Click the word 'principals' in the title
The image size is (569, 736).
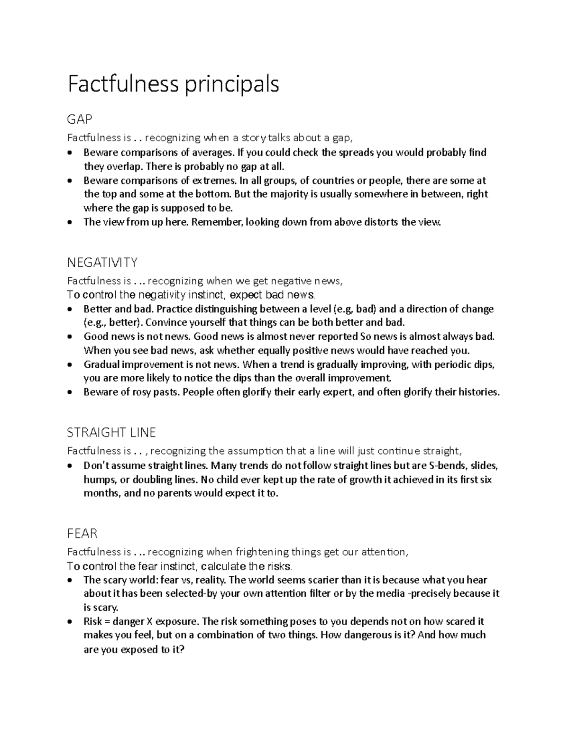coord(231,85)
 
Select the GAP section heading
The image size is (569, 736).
coord(80,119)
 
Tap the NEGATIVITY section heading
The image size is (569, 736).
coord(102,262)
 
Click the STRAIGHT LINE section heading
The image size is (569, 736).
coord(111,432)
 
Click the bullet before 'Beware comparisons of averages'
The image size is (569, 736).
coord(71,153)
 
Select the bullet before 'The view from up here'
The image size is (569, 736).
coord(71,222)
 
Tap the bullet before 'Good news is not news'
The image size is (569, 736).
coord(71,337)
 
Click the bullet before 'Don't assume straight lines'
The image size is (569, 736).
coord(71,466)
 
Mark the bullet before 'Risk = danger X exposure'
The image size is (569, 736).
coord(71,622)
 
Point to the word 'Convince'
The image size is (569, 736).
coord(165,323)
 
